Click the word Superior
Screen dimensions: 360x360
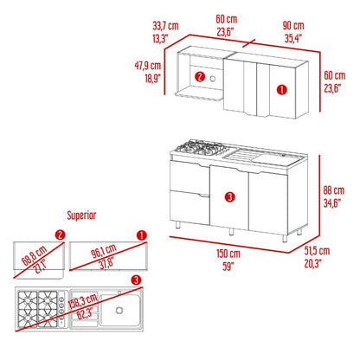81,215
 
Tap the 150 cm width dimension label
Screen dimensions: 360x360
228,254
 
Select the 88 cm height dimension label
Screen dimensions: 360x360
333,190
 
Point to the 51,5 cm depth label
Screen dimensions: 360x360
317,251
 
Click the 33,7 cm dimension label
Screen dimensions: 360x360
165,26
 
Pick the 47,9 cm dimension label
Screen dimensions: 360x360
148,66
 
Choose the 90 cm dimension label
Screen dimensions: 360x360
293,26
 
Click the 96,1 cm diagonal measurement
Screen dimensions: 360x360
104,251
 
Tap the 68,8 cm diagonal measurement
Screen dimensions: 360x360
34,255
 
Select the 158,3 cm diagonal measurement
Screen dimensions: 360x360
82,301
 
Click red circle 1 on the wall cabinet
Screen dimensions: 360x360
282,90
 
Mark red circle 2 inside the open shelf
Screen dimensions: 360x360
200,77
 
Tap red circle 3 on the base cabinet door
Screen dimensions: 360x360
230,197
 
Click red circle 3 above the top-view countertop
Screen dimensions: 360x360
136,280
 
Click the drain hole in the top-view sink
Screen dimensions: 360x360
119,311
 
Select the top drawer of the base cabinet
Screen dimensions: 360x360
190,177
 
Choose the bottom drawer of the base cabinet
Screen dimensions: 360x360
190,208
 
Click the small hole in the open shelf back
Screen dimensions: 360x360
213,79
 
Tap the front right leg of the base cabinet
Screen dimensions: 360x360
285,238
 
